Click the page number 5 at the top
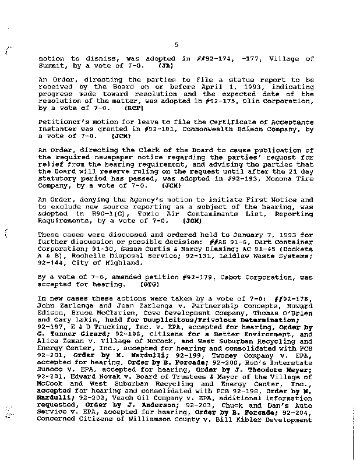coord(175,44)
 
